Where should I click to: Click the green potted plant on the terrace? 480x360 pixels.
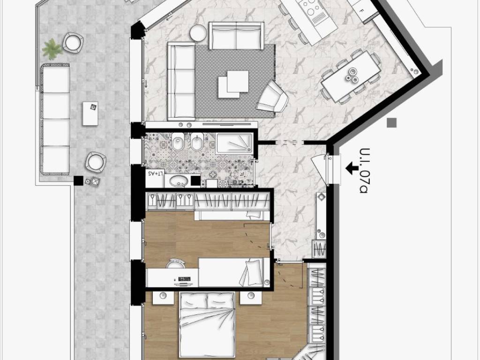[52, 49]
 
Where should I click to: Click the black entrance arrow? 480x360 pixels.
[352, 168]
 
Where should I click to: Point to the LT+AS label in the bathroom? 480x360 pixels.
[156, 173]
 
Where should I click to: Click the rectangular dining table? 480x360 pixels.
[351, 76]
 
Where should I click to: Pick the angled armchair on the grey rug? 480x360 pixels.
[272, 97]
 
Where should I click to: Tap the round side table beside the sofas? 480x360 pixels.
[198, 33]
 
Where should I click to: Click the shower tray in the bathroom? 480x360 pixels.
[234, 143]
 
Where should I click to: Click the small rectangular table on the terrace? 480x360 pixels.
[90, 113]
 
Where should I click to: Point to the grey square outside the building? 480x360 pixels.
[392, 123]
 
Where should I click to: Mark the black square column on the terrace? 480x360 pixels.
[78, 180]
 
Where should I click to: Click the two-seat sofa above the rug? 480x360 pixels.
[236, 36]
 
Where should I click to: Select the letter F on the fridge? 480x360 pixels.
[362, 11]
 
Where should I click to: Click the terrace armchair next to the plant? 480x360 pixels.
[73, 43]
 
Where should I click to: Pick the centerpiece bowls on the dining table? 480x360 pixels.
[352, 75]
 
